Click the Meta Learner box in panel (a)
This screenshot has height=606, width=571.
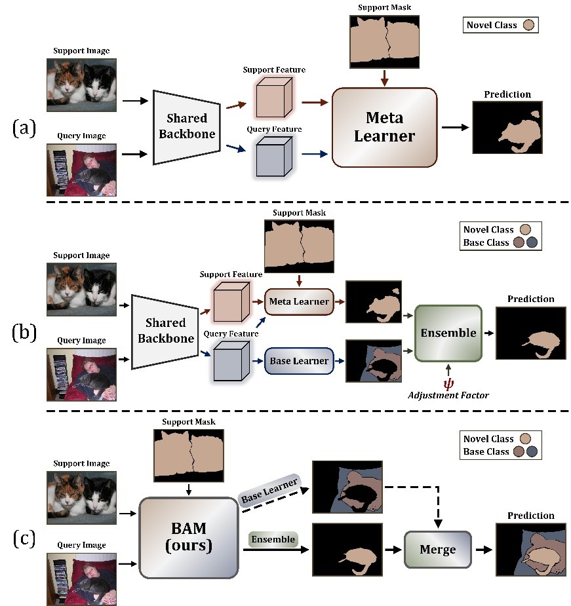[x=384, y=128]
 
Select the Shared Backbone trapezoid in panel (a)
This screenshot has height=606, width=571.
[x=186, y=128]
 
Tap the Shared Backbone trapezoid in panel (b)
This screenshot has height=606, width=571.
[x=165, y=331]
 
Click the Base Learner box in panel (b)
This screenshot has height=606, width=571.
[x=299, y=359]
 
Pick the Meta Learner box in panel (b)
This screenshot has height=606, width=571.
[x=299, y=301]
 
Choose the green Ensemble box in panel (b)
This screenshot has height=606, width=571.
[x=448, y=333]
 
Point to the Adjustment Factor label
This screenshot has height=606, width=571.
[x=448, y=396]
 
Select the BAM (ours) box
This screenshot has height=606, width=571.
[x=188, y=537]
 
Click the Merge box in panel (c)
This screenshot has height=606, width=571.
[x=437, y=549]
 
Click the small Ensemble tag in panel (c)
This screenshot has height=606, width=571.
[x=273, y=539]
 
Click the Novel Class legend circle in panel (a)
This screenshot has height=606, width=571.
[x=529, y=26]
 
